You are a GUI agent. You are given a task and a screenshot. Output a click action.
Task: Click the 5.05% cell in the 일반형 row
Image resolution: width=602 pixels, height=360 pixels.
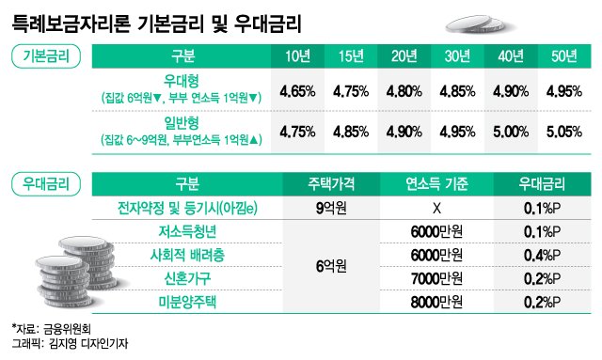tap(563, 133)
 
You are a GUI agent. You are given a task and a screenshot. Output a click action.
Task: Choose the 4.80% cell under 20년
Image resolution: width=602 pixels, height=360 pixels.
tap(403, 91)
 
